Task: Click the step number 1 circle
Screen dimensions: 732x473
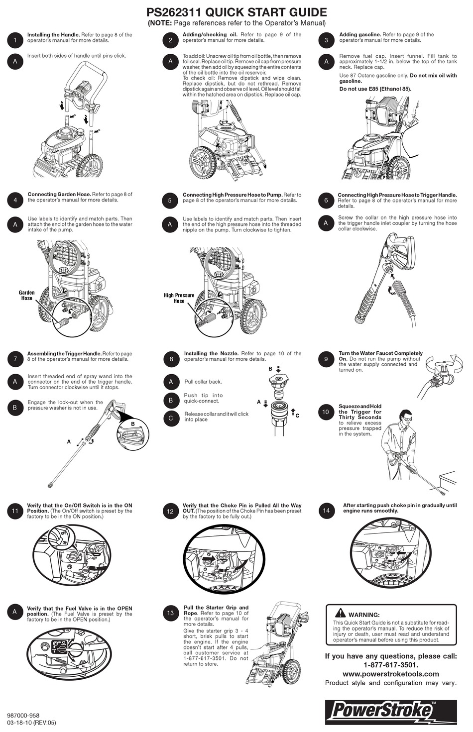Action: (x=15, y=40)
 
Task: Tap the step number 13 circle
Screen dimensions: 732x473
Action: (x=170, y=613)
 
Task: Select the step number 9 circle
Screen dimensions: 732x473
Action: (x=326, y=359)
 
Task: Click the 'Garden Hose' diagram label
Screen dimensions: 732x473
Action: (x=27, y=296)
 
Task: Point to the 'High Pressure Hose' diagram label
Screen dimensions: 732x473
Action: (x=179, y=298)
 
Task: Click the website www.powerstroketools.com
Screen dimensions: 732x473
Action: (x=391, y=674)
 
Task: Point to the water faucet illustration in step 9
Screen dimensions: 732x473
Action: (x=442, y=372)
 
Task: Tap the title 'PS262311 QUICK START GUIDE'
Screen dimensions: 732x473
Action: (x=237, y=12)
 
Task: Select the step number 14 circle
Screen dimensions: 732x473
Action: (x=326, y=511)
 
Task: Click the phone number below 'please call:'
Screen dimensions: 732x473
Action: (x=391, y=665)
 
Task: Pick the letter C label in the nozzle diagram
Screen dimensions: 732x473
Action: (x=297, y=415)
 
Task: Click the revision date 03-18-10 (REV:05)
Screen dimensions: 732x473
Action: (x=31, y=723)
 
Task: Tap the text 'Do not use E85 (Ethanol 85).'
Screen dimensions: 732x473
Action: (x=375, y=89)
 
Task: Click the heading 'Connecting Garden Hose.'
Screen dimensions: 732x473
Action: (x=59, y=195)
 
